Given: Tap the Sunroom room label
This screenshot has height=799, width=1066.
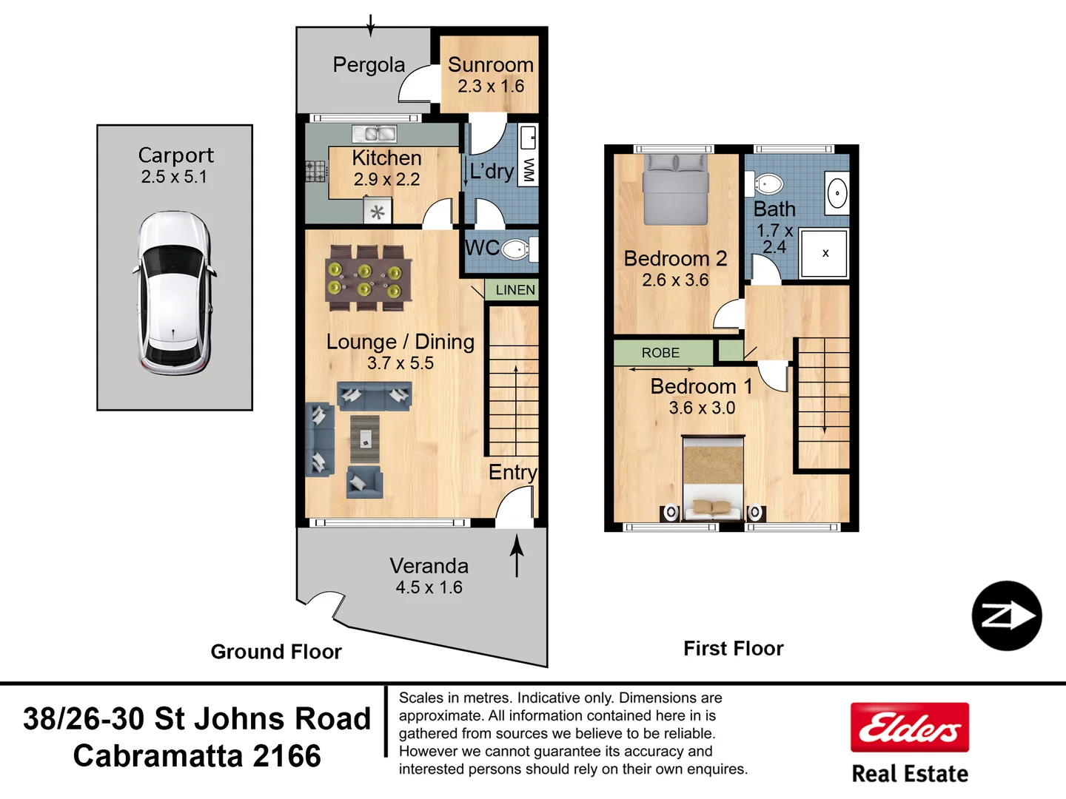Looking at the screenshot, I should tap(490, 65).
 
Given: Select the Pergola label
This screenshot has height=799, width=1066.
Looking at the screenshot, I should tap(369, 65).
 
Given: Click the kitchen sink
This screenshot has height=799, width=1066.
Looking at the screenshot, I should tap(375, 134).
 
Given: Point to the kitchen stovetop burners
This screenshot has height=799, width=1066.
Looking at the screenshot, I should tap(316, 171).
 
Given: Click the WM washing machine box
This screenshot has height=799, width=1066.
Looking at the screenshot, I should tap(528, 169).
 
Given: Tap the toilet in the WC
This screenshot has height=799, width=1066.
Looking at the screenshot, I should tap(516, 249).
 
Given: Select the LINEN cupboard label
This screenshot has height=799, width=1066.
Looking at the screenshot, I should tap(514, 290).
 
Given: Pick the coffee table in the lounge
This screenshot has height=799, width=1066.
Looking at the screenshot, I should tap(365, 439).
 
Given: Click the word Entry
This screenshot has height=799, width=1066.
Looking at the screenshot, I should tap(512, 472).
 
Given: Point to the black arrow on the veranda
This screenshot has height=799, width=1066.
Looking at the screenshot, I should tap(517, 556).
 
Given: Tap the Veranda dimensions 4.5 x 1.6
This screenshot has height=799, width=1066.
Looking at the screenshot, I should tap(429, 587).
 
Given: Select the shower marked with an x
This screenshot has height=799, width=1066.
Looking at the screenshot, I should tap(824, 253).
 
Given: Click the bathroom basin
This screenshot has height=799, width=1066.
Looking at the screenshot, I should tap(837, 194).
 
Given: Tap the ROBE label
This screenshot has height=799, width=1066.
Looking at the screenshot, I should tap(660, 353).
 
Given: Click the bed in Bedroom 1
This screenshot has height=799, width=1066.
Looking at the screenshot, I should tap(713, 479).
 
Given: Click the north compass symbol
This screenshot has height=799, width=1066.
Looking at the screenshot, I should tap(1006, 616).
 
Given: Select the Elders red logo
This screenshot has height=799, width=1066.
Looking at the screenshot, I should tap(910, 727).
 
